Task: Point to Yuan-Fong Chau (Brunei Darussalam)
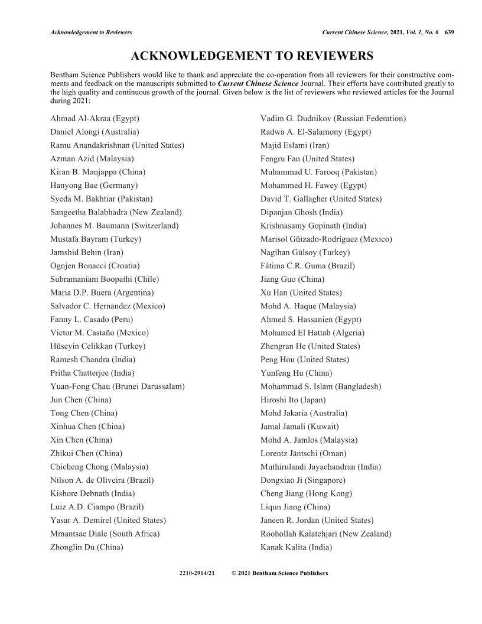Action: (x=118, y=386)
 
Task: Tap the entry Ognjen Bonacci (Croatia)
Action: (x=95, y=266)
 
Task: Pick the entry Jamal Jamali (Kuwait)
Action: (x=299, y=427)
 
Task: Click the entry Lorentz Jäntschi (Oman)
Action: (x=303, y=453)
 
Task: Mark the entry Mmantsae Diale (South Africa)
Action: (x=105, y=534)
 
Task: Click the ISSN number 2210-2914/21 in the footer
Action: (x=196, y=573)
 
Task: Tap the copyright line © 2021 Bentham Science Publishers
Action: (x=280, y=573)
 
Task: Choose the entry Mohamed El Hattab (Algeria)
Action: (x=312, y=333)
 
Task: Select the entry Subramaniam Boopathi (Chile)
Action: (x=105, y=279)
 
